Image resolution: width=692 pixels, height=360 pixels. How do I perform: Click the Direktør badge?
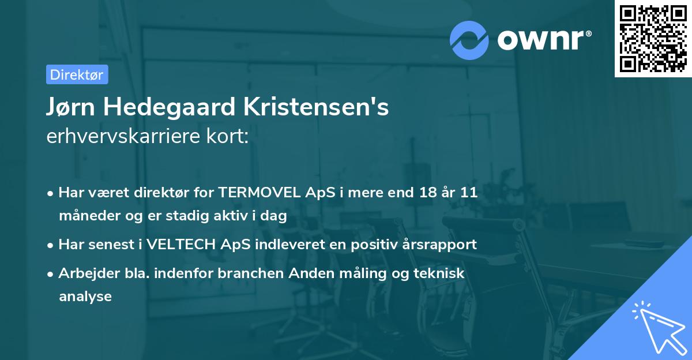[x=77, y=74]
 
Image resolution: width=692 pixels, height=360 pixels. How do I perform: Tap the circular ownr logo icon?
[x=469, y=40]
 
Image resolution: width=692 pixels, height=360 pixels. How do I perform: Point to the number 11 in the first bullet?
[x=468, y=193]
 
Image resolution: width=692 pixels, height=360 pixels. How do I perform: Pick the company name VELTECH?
[x=182, y=244]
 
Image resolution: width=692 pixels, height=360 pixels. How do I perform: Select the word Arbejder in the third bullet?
[x=84, y=273]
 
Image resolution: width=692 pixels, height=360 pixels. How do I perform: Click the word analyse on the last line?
[x=85, y=297]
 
